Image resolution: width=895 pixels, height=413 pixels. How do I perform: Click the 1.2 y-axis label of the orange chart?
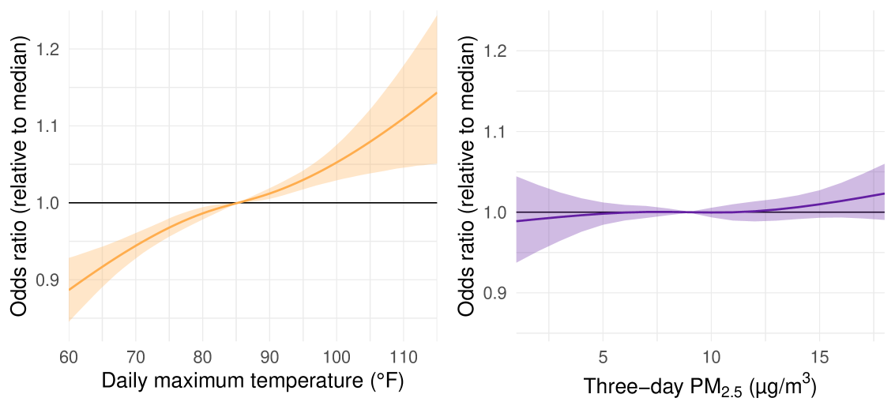click(x=47, y=50)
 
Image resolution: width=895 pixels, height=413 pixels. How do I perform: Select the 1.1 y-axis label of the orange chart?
click(x=47, y=126)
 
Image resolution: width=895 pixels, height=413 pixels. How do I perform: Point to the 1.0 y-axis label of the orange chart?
click(x=47, y=203)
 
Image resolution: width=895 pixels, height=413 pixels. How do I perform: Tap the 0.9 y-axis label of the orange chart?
click(x=47, y=280)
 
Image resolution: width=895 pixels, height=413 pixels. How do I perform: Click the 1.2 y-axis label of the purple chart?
click(x=495, y=51)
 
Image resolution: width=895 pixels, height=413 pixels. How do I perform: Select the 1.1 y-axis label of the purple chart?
click(x=495, y=132)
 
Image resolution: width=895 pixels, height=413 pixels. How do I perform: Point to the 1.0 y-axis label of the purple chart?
click(x=495, y=212)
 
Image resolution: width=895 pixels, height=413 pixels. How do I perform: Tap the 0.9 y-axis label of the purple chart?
click(x=495, y=293)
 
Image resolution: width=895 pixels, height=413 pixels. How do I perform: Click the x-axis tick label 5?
click(x=603, y=356)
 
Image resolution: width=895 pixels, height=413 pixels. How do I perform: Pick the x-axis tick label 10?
click(x=712, y=356)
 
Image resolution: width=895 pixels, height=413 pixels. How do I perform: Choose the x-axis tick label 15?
click(x=820, y=356)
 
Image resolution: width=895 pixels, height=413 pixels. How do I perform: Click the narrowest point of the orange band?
click(x=235, y=203)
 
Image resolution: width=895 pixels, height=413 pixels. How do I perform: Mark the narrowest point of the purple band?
click(x=690, y=212)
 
